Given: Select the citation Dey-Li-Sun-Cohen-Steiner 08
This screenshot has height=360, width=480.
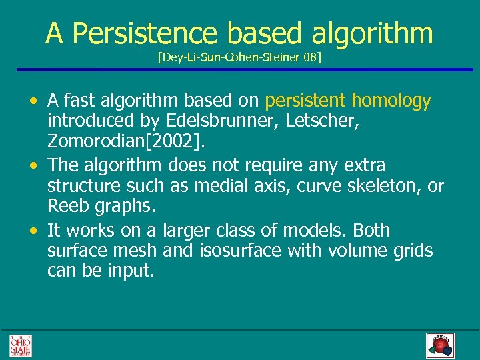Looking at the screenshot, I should pyautogui.click(x=239, y=58).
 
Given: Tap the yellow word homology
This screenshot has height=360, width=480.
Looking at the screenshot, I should pyautogui.click(x=391, y=101).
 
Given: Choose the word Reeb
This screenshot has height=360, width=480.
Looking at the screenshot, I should pyautogui.click(x=67, y=207).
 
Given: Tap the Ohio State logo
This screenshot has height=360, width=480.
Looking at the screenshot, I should pyautogui.click(x=20, y=345).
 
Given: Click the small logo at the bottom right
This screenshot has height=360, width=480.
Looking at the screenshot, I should pyautogui.click(x=439, y=345).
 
